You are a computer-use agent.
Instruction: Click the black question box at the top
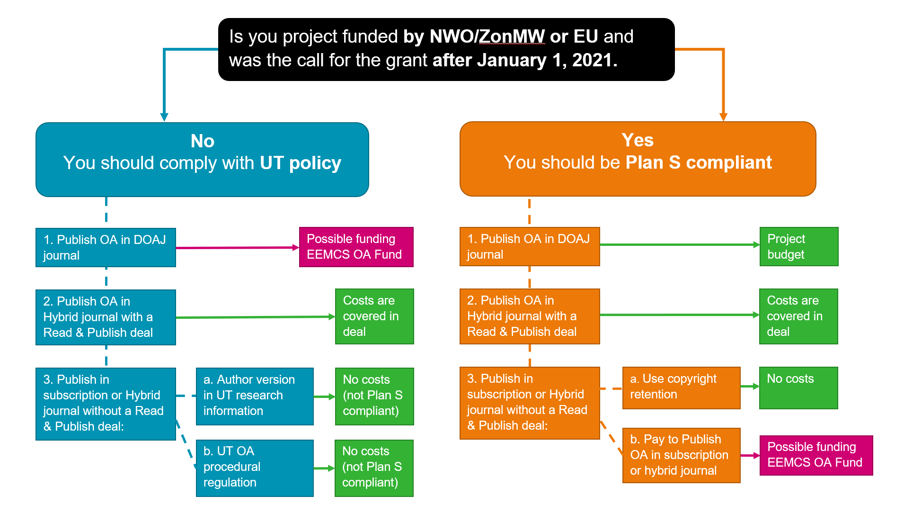446,49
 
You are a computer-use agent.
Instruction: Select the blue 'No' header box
202,160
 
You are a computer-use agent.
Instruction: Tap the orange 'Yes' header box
638,159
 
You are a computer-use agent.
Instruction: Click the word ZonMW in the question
512,36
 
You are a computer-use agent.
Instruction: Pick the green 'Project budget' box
799,246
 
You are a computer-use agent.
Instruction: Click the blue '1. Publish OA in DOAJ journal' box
106,247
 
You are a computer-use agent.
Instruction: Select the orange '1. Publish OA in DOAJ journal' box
530,246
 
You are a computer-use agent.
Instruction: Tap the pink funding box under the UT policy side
356,247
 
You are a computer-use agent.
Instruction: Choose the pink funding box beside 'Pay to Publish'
816,455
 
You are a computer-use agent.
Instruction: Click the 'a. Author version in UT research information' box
255,396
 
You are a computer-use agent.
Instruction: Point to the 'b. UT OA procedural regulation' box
255,468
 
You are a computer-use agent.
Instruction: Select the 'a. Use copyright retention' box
682,388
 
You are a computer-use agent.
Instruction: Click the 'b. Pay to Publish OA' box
682,455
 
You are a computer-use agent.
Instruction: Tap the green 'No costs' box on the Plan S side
798,388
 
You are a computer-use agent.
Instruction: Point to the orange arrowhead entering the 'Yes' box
723,117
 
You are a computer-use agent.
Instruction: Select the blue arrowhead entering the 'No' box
164,117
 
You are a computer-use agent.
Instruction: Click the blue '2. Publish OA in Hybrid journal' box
106,317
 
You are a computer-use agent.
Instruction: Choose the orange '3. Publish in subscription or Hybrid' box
530,403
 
